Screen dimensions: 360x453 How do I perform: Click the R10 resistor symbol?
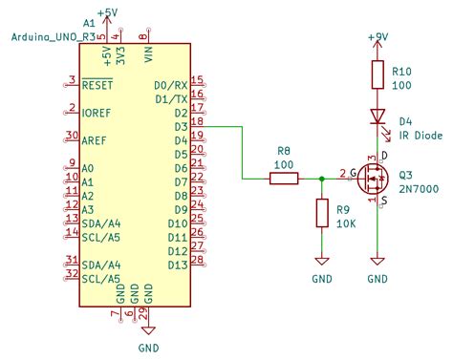378,76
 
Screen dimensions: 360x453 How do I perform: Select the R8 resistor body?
283,177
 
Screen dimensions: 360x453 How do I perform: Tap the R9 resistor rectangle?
321,213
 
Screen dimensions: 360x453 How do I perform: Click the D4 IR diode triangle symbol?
378,116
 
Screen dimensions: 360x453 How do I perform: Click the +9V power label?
379,36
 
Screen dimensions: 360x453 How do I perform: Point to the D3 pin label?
179,127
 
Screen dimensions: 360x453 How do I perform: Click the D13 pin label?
176,265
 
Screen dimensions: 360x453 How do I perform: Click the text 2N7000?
419,190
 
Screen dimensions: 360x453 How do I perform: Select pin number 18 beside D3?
197,121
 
